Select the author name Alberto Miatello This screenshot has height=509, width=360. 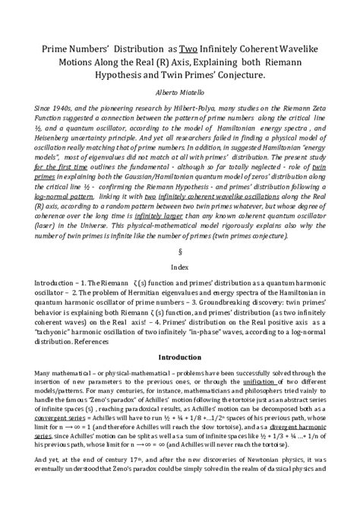pos(180,89)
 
